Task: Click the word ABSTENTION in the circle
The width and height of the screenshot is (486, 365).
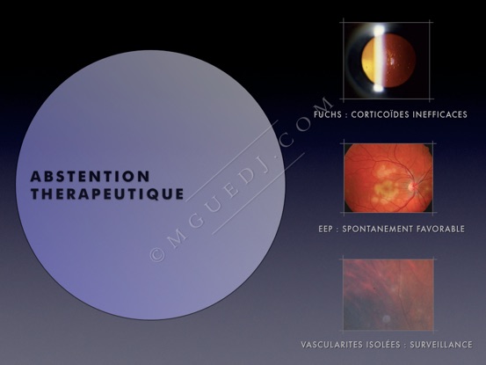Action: click(91, 177)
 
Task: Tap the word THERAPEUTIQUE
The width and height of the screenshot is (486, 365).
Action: click(107, 194)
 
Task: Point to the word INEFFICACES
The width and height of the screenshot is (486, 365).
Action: click(439, 114)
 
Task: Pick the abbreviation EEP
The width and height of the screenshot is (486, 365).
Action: click(325, 230)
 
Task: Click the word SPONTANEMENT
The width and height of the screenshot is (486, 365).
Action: click(378, 230)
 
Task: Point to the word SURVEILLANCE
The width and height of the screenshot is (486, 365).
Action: click(441, 345)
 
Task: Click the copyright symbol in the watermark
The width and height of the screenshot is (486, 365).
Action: click(157, 254)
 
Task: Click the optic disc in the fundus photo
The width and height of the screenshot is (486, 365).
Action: click(412, 186)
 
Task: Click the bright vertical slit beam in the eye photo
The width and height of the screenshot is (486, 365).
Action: click(379, 59)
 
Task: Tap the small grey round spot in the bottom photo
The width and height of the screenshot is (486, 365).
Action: click(386, 318)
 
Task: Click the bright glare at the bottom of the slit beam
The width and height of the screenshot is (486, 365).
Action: click(379, 88)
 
